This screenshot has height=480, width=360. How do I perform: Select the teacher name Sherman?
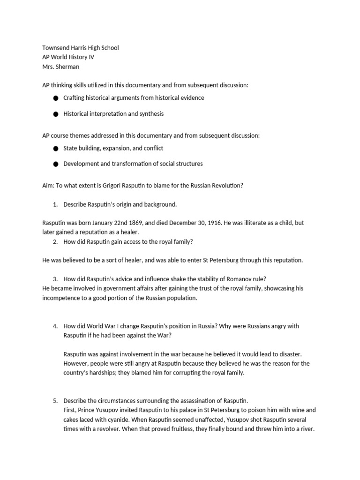pyautogui.click(x=67, y=67)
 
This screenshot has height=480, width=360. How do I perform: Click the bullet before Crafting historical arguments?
pyautogui.click(x=56, y=98)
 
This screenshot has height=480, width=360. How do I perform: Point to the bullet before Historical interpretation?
pyautogui.click(x=56, y=114)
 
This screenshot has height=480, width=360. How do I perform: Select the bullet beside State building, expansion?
pyautogui.click(x=56, y=149)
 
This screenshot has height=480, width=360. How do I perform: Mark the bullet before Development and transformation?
pyautogui.click(x=56, y=164)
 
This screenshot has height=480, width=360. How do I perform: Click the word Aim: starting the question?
pyautogui.click(x=49, y=185)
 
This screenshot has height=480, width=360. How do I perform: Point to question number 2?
pyautogui.click(x=55, y=241)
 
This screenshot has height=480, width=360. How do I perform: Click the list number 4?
pyautogui.click(x=55, y=326)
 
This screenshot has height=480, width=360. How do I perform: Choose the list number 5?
pyautogui.click(x=55, y=400)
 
